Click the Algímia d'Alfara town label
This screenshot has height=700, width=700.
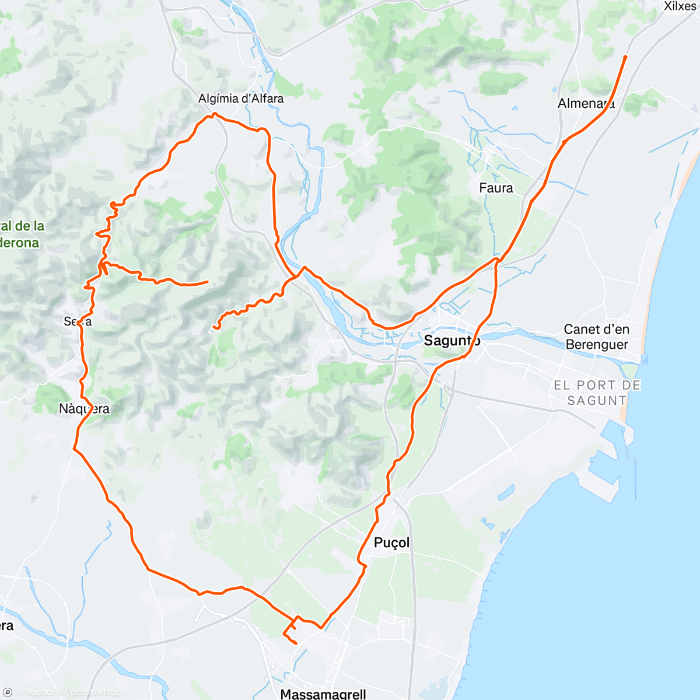pyautogui.click(x=241, y=99)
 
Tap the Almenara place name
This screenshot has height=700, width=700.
pyautogui.click(x=586, y=104)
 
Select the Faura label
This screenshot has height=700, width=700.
pyautogui.click(x=496, y=188)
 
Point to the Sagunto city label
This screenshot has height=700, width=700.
pyautogui.click(x=452, y=341)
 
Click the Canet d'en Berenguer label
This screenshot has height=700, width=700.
pyautogui.click(x=596, y=337)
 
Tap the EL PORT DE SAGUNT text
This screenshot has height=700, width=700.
pyautogui.click(x=597, y=393)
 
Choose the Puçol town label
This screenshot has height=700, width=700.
pyautogui.click(x=391, y=542)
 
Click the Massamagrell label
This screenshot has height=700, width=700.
pyautogui.click(x=323, y=694)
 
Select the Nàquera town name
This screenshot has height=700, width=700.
pyautogui.click(x=84, y=409)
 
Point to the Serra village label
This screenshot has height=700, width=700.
pyautogui.click(x=78, y=321)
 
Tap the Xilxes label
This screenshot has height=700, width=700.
pyautogui.click(x=680, y=6)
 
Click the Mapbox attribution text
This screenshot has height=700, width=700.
pyautogui.click(x=40, y=692)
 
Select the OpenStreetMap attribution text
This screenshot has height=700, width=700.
pyautogui.click(x=93, y=692)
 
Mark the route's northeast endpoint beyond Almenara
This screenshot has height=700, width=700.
pyautogui.click(x=625, y=57)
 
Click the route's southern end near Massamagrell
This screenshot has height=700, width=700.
pyautogui.click(x=296, y=643)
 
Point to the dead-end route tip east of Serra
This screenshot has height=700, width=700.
pyautogui.click(x=207, y=282)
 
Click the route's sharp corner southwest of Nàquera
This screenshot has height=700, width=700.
pyautogui.click(x=74, y=449)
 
